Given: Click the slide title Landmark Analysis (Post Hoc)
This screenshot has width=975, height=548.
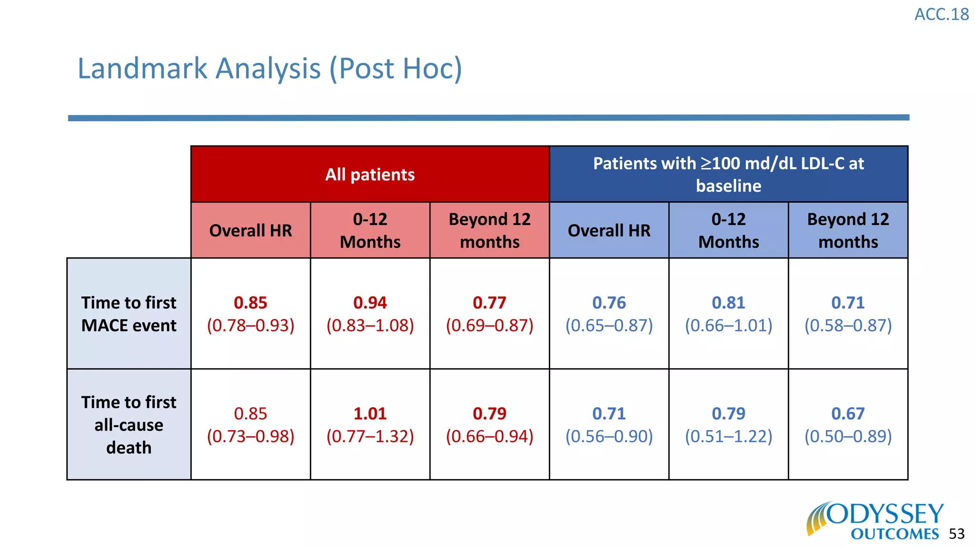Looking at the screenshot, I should point(269,68).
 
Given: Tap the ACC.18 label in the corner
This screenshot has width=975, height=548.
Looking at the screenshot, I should point(941,15).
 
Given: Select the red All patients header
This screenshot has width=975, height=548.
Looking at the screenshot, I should point(370,175).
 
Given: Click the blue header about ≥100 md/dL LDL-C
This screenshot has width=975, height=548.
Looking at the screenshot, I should point(728,174).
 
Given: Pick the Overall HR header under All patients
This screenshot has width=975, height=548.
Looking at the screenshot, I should point(250,231).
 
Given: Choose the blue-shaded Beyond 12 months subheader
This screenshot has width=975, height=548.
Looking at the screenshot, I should point(848,231).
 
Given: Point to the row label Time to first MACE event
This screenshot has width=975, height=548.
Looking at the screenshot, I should point(129,314).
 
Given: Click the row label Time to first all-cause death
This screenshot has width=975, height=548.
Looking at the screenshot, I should point(129,425).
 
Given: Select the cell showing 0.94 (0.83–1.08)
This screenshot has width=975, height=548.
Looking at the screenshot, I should point(370,314).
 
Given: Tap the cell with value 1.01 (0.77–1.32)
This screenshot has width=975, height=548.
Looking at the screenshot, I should point(370,425).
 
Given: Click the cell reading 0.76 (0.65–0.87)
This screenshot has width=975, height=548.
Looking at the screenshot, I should point(609,314).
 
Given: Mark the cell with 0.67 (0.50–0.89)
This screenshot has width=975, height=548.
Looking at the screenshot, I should point(848,425).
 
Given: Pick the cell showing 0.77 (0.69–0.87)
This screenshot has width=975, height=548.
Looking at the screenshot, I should point(489,314).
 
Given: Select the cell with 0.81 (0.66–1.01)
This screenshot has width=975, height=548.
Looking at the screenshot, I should point(728,314).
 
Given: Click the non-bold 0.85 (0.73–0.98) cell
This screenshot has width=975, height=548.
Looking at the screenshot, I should point(250,425).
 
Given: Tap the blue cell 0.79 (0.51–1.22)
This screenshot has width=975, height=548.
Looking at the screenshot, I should point(728,425).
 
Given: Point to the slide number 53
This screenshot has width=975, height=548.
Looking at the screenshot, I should point(956,534).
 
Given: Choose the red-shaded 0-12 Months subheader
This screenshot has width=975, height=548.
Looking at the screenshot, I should point(370,231).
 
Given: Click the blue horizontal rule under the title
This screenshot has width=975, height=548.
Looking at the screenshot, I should point(488,117).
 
